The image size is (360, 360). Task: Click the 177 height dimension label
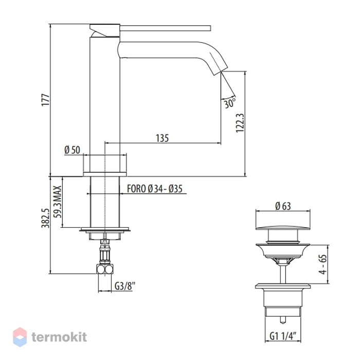(46, 99)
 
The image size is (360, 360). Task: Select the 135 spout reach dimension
(162, 138)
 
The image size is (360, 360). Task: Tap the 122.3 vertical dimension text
(240, 123)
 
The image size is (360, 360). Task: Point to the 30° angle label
(230, 102)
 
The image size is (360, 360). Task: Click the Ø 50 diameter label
(72, 150)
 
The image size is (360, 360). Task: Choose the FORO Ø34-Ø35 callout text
(155, 189)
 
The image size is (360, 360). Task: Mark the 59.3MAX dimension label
(58, 202)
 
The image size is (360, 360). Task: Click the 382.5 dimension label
(45, 218)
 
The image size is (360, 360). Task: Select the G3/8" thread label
(125, 286)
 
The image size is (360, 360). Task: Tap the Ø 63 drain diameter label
(283, 206)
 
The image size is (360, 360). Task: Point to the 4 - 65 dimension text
(322, 264)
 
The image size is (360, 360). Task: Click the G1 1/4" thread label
(282, 336)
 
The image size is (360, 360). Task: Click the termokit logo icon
(20, 337)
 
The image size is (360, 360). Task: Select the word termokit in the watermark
(59, 337)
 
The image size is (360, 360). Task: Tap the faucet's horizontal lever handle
(165, 28)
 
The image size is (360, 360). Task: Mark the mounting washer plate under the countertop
(105, 229)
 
